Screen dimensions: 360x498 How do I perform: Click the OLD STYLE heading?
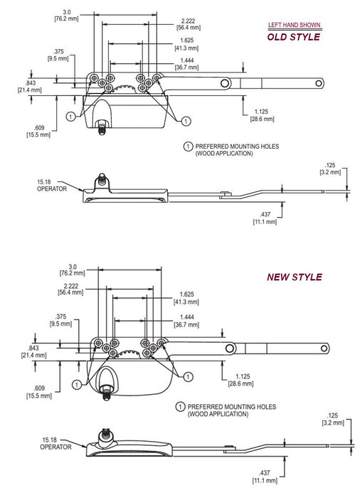(x=294, y=37)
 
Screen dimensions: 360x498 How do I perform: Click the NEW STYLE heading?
(x=295, y=277)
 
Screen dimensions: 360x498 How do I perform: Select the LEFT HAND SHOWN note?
(x=295, y=25)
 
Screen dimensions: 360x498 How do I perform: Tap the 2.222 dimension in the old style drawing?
(x=188, y=24)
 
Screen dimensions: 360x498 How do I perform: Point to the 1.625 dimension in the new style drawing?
(x=186, y=298)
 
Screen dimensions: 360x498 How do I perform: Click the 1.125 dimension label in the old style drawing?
(x=262, y=115)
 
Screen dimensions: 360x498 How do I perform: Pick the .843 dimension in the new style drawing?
(x=33, y=351)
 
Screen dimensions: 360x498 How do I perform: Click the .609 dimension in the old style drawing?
(x=38, y=131)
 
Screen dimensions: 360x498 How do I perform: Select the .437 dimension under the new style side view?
(x=265, y=477)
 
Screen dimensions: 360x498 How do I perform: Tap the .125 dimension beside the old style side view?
(x=330, y=169)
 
